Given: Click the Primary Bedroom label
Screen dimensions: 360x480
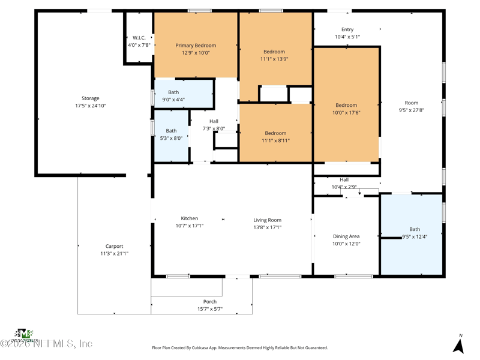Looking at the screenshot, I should (x=196, y=46).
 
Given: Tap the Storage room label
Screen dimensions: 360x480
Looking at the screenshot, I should (x=91, y=98).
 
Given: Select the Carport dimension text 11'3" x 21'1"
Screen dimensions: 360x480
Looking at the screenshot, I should (x=114, y=254).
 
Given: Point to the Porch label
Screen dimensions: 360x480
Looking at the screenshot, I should (x=210, y=302).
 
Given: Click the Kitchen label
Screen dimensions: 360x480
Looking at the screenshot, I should (x=190, y=218).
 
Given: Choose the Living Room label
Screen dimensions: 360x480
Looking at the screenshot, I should (x=267, y=220).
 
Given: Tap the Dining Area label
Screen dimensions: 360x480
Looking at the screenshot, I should (x=346, y=236).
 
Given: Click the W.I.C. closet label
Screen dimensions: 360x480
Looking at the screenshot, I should (x=139, y=38).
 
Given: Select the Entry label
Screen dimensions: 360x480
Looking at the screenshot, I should (x=347, y=29).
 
